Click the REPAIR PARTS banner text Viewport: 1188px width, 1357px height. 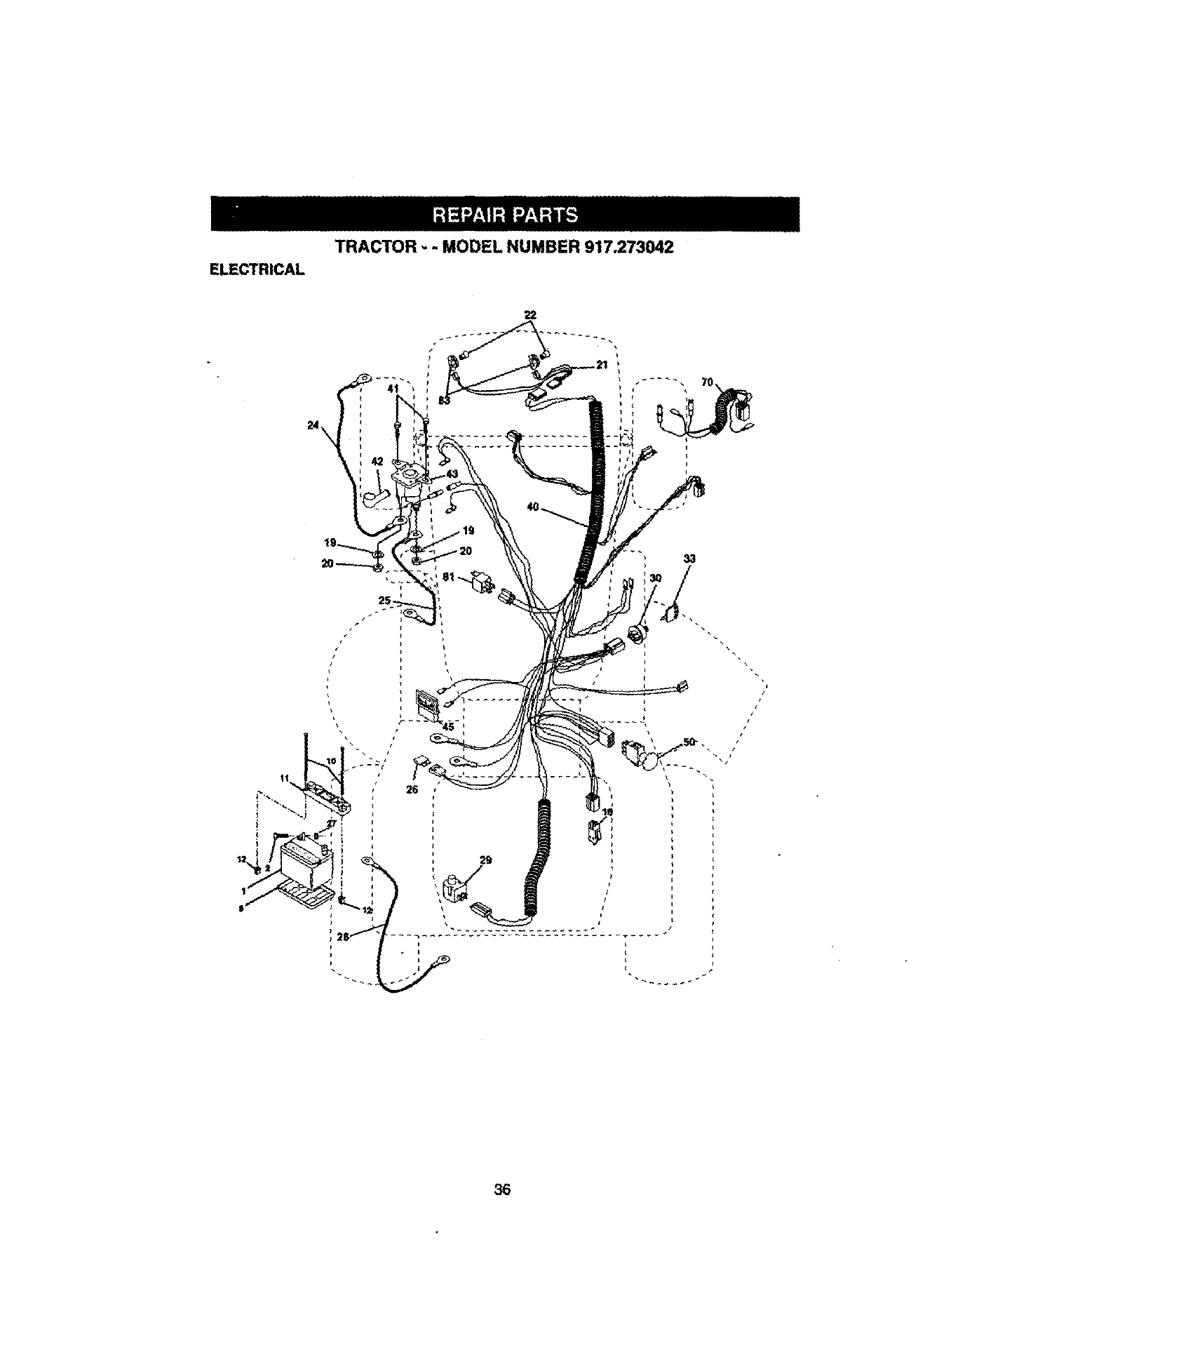point(505,215)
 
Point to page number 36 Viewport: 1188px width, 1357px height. point(501,1189)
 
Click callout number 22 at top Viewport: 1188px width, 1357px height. point(530,315)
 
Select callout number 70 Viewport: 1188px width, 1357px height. point(707,382)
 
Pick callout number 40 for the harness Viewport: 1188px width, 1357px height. point(532,507)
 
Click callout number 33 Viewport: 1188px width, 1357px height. point(689,559)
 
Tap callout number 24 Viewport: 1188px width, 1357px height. point(313,424)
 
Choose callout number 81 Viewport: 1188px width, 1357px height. point(450,576)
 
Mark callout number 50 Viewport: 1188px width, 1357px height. point(689,742)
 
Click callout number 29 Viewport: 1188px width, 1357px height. point(485,860)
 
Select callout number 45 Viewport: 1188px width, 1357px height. point(448,727)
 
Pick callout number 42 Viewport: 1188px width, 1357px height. point(377,462)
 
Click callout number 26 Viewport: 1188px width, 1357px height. point(412,789)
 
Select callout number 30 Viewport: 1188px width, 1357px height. point(656,578)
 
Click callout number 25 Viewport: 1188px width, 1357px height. point(385,601)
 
